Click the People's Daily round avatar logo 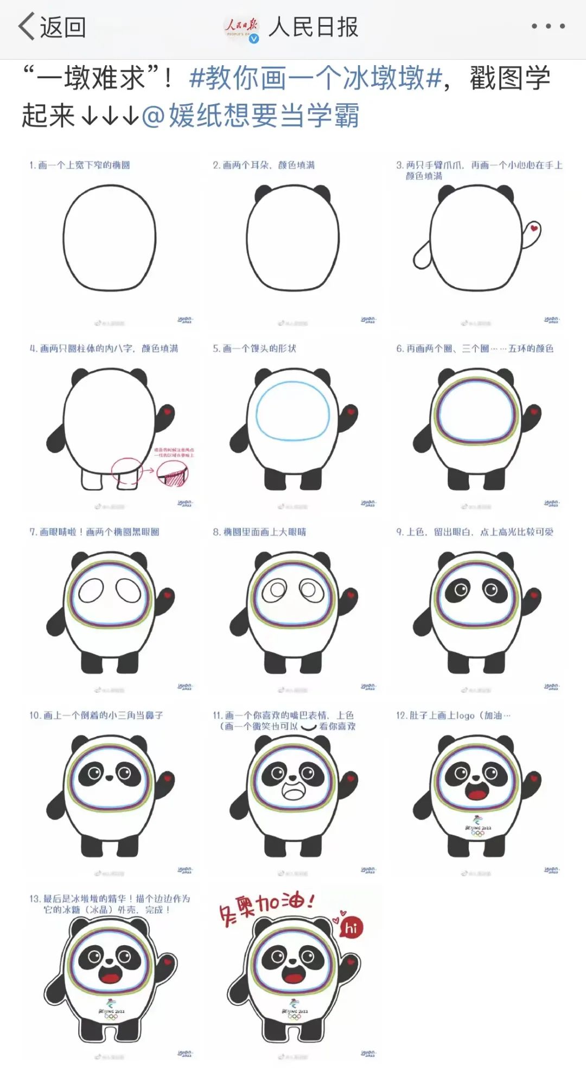[x=241, y=27]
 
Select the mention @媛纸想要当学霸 [x=250, y=115]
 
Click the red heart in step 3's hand [x=534, y=229]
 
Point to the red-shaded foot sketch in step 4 [x=173, y=476]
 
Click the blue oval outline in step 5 [x=293, y=410]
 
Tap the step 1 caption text [x=80, y=165]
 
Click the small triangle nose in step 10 [x=109, y=777]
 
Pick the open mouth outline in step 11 [x=294, y=792]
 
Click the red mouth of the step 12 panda [x=477, y=794]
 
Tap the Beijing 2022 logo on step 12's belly [x=477, y=825]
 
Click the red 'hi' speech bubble [x=351, y=928]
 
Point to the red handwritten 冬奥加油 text [x=266, y=905]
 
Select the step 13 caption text [x=109, y=904]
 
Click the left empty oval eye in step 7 [x=91, y=591]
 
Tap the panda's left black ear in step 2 [x=264, y=193]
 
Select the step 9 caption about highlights [x=475, y=532]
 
